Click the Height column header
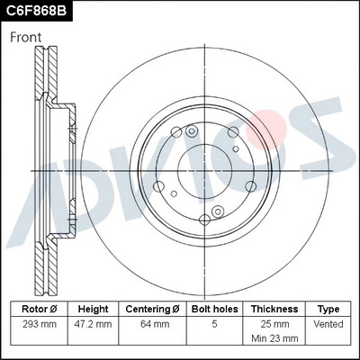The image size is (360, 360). pyautogui.click(x=93, y=309)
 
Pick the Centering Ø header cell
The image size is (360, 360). pyautogui.click(x=152, y=309)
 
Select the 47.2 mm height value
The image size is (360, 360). pyautogui.click(x=93, y=322)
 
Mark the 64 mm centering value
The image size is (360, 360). pyautogui.click(x=152, y=322)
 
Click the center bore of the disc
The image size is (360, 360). pyautogui.click(x=208, y=169)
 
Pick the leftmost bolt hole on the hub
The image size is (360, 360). pyautogui.click(x=159, y=186)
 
